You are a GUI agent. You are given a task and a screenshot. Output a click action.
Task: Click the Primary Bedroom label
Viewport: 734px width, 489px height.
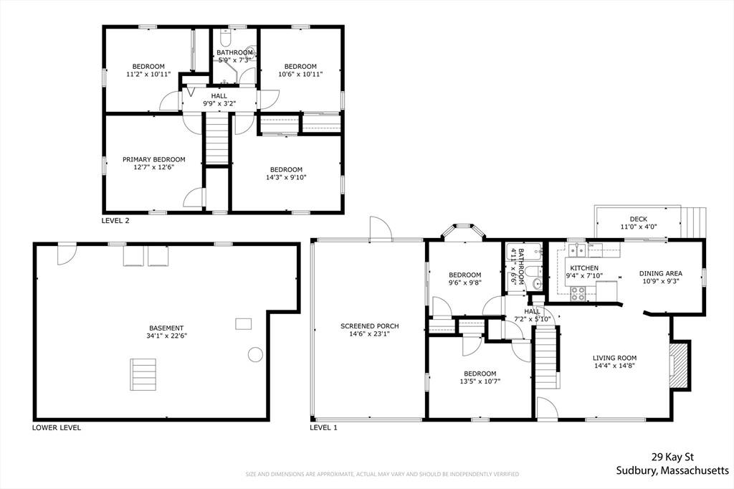pyautogui.click(x=153, y=159)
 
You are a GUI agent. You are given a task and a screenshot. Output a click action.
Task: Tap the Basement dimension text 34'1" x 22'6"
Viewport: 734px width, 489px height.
pyautogui.click(x=166, y=336)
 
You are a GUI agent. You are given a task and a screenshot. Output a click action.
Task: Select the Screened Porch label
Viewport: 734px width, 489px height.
pyautogui.click(x=370, y=326)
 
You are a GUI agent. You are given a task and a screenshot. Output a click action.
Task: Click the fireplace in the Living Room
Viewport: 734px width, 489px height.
pyautogui.click(x=680, y=364)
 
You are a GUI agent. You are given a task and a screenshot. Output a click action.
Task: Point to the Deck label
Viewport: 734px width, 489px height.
pyautogui.click(x=639, y=219)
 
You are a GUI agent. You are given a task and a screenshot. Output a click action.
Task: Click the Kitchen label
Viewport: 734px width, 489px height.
pyautogui.click(x=584, y=268)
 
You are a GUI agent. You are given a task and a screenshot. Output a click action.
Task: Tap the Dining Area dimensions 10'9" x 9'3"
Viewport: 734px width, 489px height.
pyautogui.click(x=659, y=281)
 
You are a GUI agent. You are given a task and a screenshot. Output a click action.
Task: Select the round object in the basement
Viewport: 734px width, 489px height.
pyautogui.click(x=255, y=354)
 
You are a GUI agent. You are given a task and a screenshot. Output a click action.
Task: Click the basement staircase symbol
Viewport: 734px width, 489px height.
pyautogui.click(x=143, y=374)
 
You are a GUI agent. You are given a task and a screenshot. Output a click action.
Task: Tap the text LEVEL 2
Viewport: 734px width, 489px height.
pyautogui.click(x=115, y=221)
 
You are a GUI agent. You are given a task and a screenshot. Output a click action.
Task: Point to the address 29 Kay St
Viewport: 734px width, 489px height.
pyautogui.click(x=672, y=457)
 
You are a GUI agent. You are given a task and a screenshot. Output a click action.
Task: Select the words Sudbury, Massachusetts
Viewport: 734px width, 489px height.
pyautogui.click(x=672, y=470)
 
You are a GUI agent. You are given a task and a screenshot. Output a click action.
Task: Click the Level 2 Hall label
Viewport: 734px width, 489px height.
pyautogui.click(x=219, y=96)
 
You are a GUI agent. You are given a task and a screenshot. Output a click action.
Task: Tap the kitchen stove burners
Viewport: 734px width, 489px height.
pyautogui.click(x=578, y=293)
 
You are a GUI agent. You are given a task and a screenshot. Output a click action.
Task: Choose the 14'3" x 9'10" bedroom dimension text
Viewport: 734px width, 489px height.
pyautogui.click(x=286, y=177)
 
